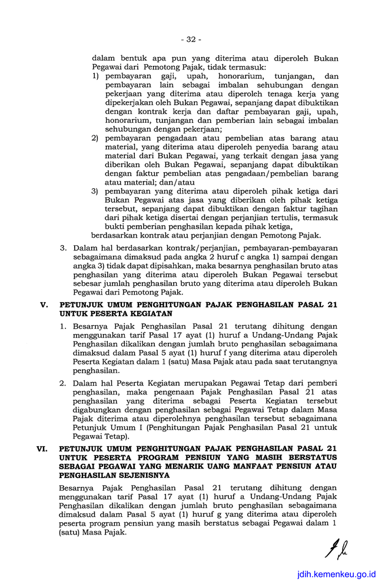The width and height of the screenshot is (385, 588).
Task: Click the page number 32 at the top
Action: click(x=191, y=39)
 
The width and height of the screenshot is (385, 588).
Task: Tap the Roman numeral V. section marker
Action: click(x=42, y=305)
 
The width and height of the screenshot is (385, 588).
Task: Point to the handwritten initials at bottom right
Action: click(x=333, y=549)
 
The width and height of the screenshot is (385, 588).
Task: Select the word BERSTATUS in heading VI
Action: click(x=310, y=457)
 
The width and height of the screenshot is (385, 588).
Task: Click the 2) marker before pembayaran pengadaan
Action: click(x=95, y=138)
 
